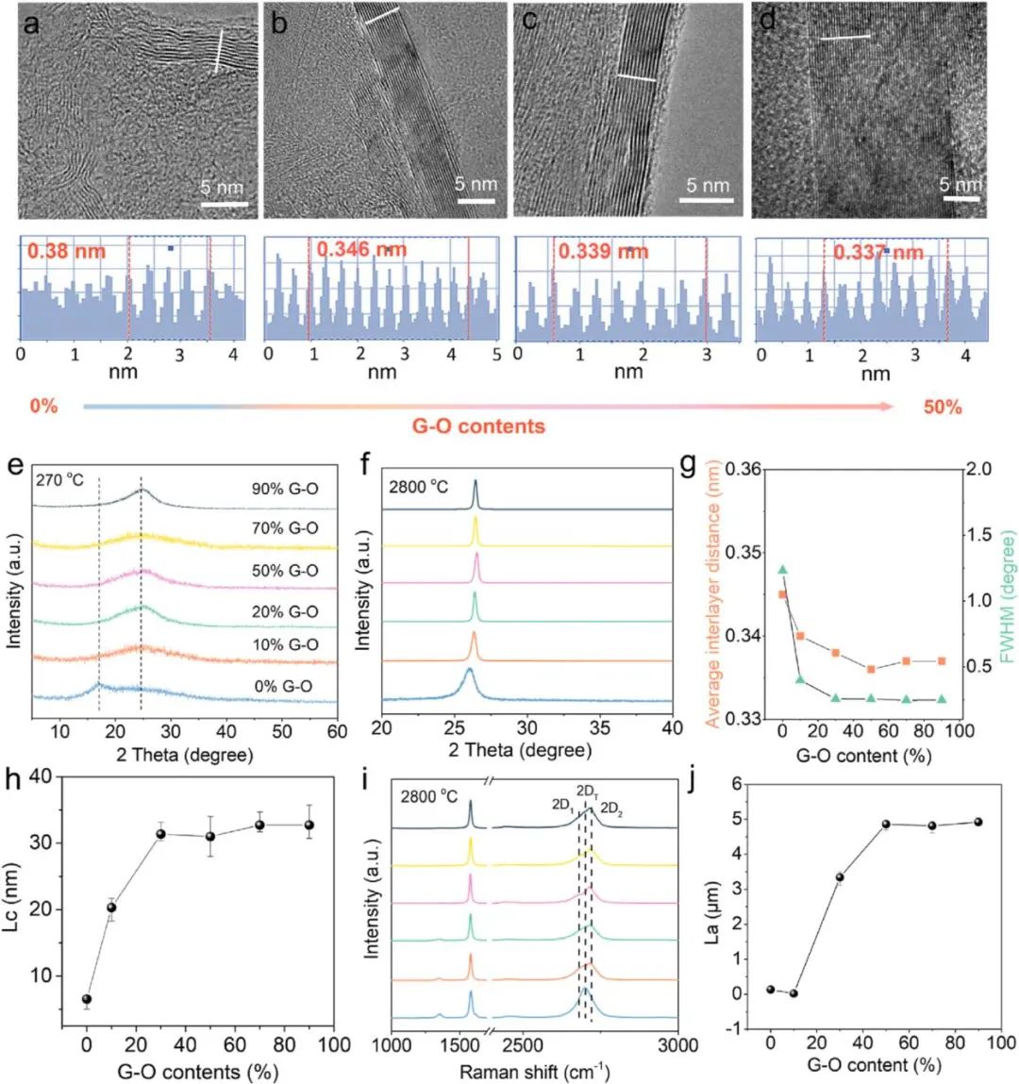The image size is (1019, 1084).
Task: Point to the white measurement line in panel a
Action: click(219, 51)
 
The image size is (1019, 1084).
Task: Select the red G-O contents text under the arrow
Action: click(478, 426)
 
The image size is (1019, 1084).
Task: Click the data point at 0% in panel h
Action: click(87, 999)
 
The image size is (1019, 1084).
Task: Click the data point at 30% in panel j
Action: click(840, 877)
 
